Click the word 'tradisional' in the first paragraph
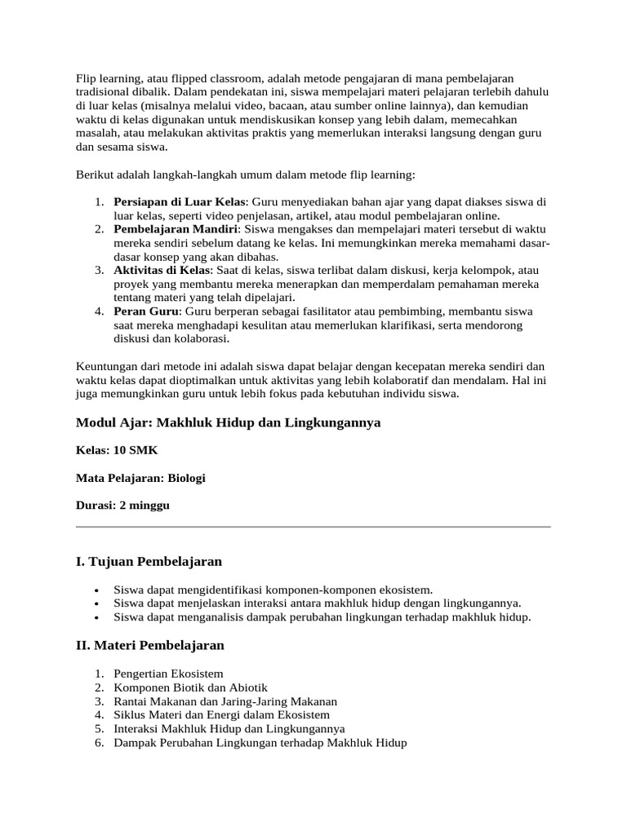(104, 91)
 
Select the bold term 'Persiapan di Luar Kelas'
(180, 201)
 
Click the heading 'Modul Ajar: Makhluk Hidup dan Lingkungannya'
(228, 422)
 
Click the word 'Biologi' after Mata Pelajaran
(186, 478)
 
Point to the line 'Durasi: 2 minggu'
(122, 506)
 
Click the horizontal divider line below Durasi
(313, 528)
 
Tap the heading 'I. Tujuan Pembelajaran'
(149, 562)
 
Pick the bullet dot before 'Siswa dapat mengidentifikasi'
(97, 590)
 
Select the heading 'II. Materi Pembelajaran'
(150, 645)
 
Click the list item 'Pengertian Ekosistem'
(169, 674)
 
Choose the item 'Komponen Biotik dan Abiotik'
(190, 687)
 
